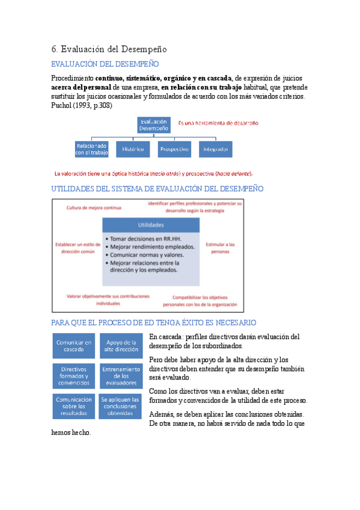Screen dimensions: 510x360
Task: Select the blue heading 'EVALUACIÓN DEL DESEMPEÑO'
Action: pos(105,64)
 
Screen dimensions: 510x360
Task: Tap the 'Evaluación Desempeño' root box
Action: pos(153,124)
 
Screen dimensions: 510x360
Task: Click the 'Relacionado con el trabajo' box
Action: pos(91,149)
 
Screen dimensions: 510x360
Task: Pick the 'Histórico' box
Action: pos(133,149)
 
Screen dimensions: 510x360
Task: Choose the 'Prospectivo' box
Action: pos(174,149)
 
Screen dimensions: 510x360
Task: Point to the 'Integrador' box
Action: pos(215,149)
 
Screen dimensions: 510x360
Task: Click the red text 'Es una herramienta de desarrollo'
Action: pos(218,123)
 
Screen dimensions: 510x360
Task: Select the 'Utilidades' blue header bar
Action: pos(151,225)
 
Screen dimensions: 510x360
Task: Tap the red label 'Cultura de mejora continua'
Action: pos(94,207)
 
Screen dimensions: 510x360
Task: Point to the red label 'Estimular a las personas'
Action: pos(221,248)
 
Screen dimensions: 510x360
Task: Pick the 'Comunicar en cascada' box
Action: pos(74,346)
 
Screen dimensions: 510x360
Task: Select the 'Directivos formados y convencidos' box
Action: pos(74,376)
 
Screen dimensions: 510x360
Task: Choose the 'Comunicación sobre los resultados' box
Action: pos(74,406)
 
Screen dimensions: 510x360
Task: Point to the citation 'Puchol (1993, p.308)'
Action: pos(82,105)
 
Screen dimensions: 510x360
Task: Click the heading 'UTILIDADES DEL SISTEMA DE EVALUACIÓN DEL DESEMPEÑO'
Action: pos(157,189)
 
